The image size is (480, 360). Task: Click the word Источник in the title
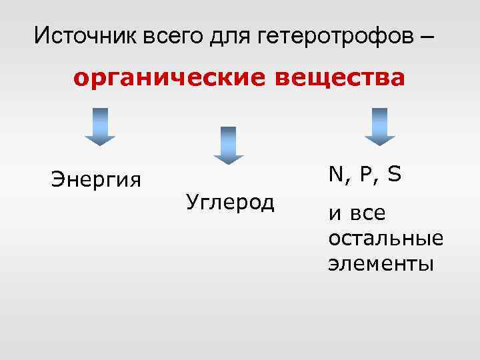85,35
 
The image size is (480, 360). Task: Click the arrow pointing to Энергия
100,126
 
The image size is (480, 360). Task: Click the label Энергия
96,180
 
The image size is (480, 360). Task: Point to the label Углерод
230,201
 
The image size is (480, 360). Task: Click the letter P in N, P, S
364,174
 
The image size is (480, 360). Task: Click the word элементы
381,263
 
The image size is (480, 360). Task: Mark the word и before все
333,215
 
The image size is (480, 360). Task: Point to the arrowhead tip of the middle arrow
228,163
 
